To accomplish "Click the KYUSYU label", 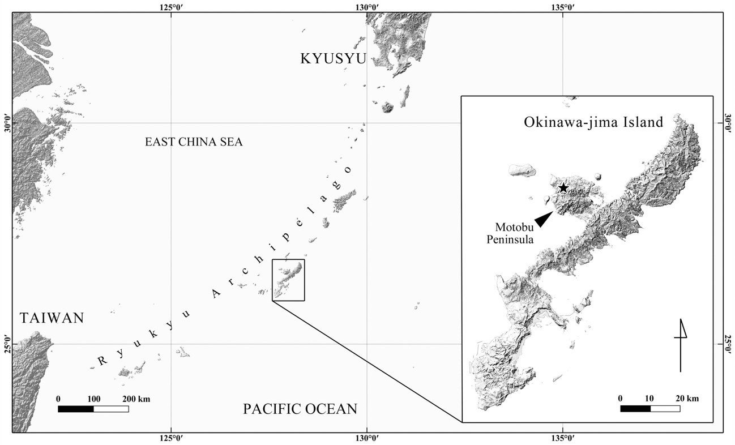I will click(x=334, y=58).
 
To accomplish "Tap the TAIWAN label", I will click(x=52, y=318).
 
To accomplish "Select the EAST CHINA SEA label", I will click(x=194, y=142).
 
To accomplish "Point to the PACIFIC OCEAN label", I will click(x=300, y=409).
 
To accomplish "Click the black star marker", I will click(x=563, y=188).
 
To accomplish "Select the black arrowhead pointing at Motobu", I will click(x=544, y=219).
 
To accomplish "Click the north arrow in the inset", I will click(x=681, y=345).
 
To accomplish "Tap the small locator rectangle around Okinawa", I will click(x=288, y=280).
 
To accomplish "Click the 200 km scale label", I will click(x=136, y=399).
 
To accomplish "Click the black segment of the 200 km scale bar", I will click(x=76, y=409).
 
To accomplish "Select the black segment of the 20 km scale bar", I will click(x=635, y=408).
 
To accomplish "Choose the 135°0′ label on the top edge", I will click(x=562, y=7).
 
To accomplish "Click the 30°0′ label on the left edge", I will click(x=7, y=123).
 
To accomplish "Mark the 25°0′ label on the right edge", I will click(x=728, y=343).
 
